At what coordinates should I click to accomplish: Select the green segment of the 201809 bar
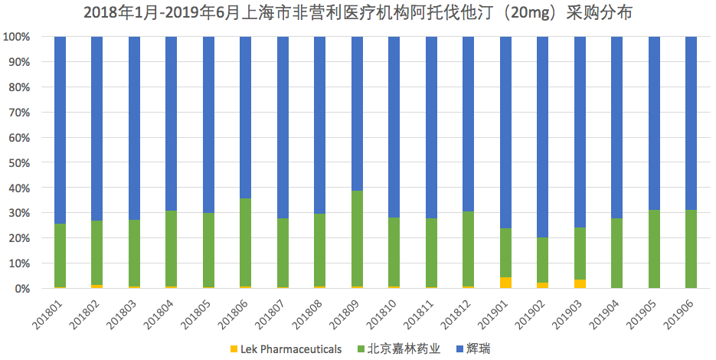[x=357, y=238]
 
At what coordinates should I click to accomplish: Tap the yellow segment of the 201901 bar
[x=505, y=283]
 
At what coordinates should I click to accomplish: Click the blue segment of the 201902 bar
[x=543, y=137]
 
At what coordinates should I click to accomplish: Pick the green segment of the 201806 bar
[x=246, y=242]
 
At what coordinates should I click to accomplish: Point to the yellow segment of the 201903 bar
[x=580, y=284]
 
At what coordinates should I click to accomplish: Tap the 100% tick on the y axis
[x=16, y=37]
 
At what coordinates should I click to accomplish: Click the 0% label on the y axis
[x=21, y=289]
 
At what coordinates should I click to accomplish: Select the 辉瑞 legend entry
[x=476, y=349]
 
